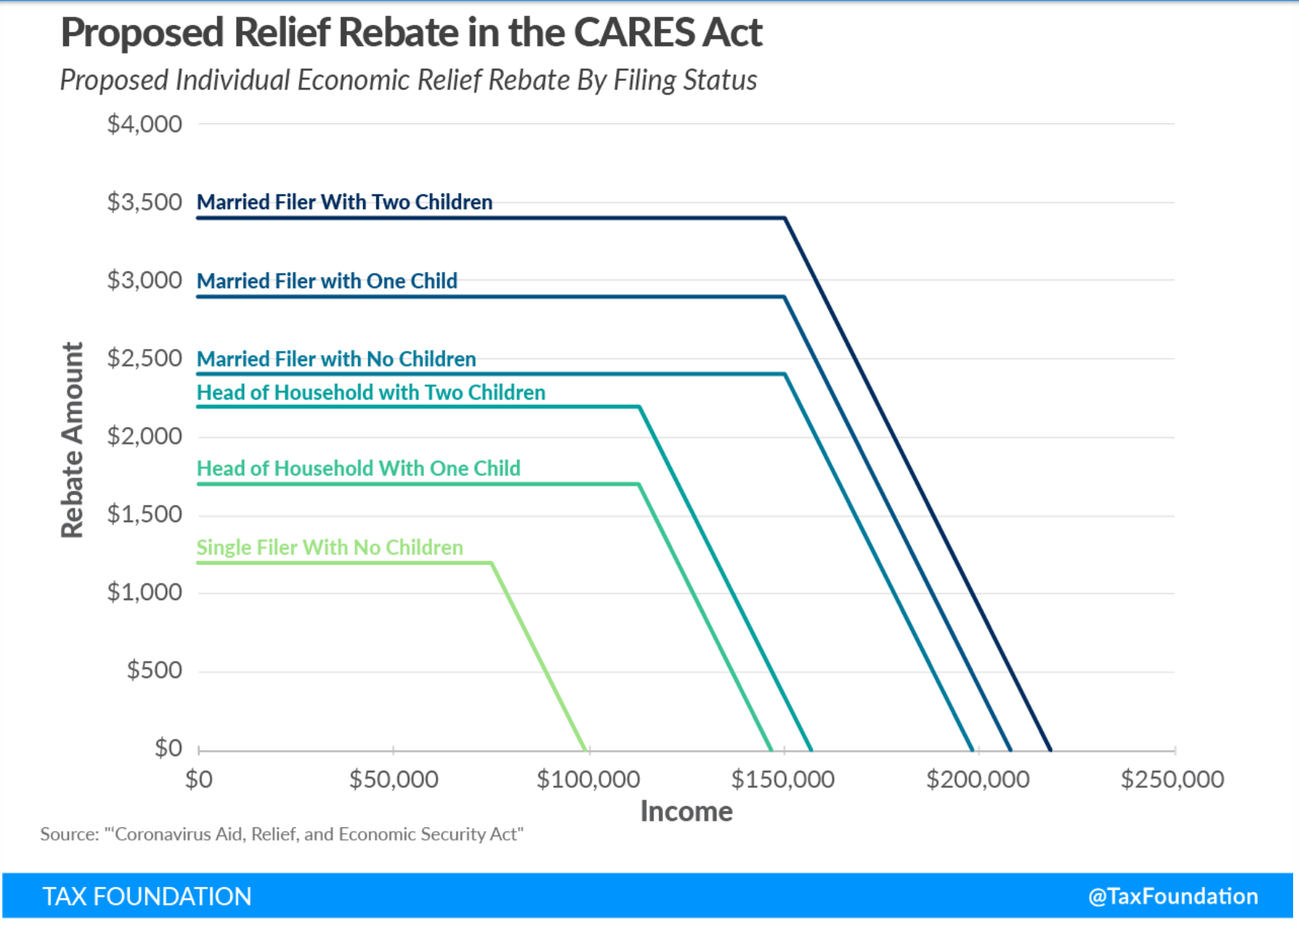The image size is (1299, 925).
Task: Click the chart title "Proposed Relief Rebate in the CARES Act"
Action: pos(411,33)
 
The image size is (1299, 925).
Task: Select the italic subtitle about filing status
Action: pos(408,80)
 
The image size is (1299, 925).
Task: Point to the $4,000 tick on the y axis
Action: pos(144,124)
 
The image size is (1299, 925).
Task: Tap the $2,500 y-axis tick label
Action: pos(144,358)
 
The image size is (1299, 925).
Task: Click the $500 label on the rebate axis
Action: pos(154,670)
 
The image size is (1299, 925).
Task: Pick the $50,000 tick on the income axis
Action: pos(394,779)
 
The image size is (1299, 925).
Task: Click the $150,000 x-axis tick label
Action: pos(783,779)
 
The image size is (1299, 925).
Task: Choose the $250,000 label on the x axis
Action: pos(1172,779)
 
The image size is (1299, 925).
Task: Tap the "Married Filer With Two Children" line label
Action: pos(345,202)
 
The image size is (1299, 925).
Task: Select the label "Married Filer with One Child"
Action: pos(327,281)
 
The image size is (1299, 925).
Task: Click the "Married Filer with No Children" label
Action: pos(337,359)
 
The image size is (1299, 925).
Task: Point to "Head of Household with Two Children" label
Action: pos(371,392)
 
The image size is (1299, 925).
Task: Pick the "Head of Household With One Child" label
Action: pos(359,468)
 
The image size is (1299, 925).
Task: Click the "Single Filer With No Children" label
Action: pos(330,547)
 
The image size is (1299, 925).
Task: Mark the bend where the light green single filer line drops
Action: pos(491,563)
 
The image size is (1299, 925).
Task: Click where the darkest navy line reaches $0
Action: pos(1050,750)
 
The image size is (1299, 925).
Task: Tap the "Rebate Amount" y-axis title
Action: pos(72,440)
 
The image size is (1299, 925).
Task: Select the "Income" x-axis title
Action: pos(686,811)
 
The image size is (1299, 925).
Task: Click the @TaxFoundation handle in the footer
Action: pos(1173,896)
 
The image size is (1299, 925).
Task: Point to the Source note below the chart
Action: pos(282,834)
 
